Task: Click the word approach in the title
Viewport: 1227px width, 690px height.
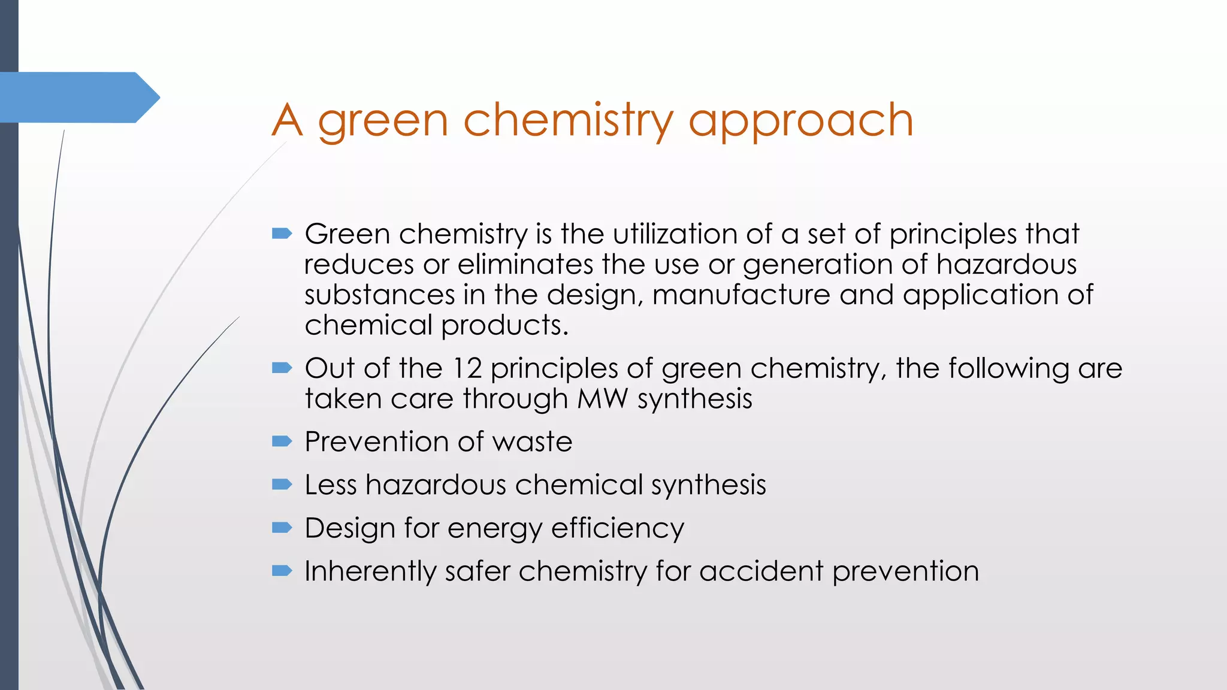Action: [800, 122]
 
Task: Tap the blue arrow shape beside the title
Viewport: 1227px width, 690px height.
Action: [78, 98]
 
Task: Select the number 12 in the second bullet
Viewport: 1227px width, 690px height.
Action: [467, 368]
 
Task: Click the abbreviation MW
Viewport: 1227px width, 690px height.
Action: [602, 399]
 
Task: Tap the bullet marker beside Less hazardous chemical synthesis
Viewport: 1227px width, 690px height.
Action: [282, 484]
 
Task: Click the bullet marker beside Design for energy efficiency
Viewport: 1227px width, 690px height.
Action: [282, 527]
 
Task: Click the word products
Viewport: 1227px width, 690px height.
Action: [504, 326]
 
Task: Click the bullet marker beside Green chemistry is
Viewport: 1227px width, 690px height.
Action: [282, 233]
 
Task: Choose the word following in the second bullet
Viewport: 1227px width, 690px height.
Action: [1008, 368]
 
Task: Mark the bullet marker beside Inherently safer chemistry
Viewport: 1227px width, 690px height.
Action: [282, 570]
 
